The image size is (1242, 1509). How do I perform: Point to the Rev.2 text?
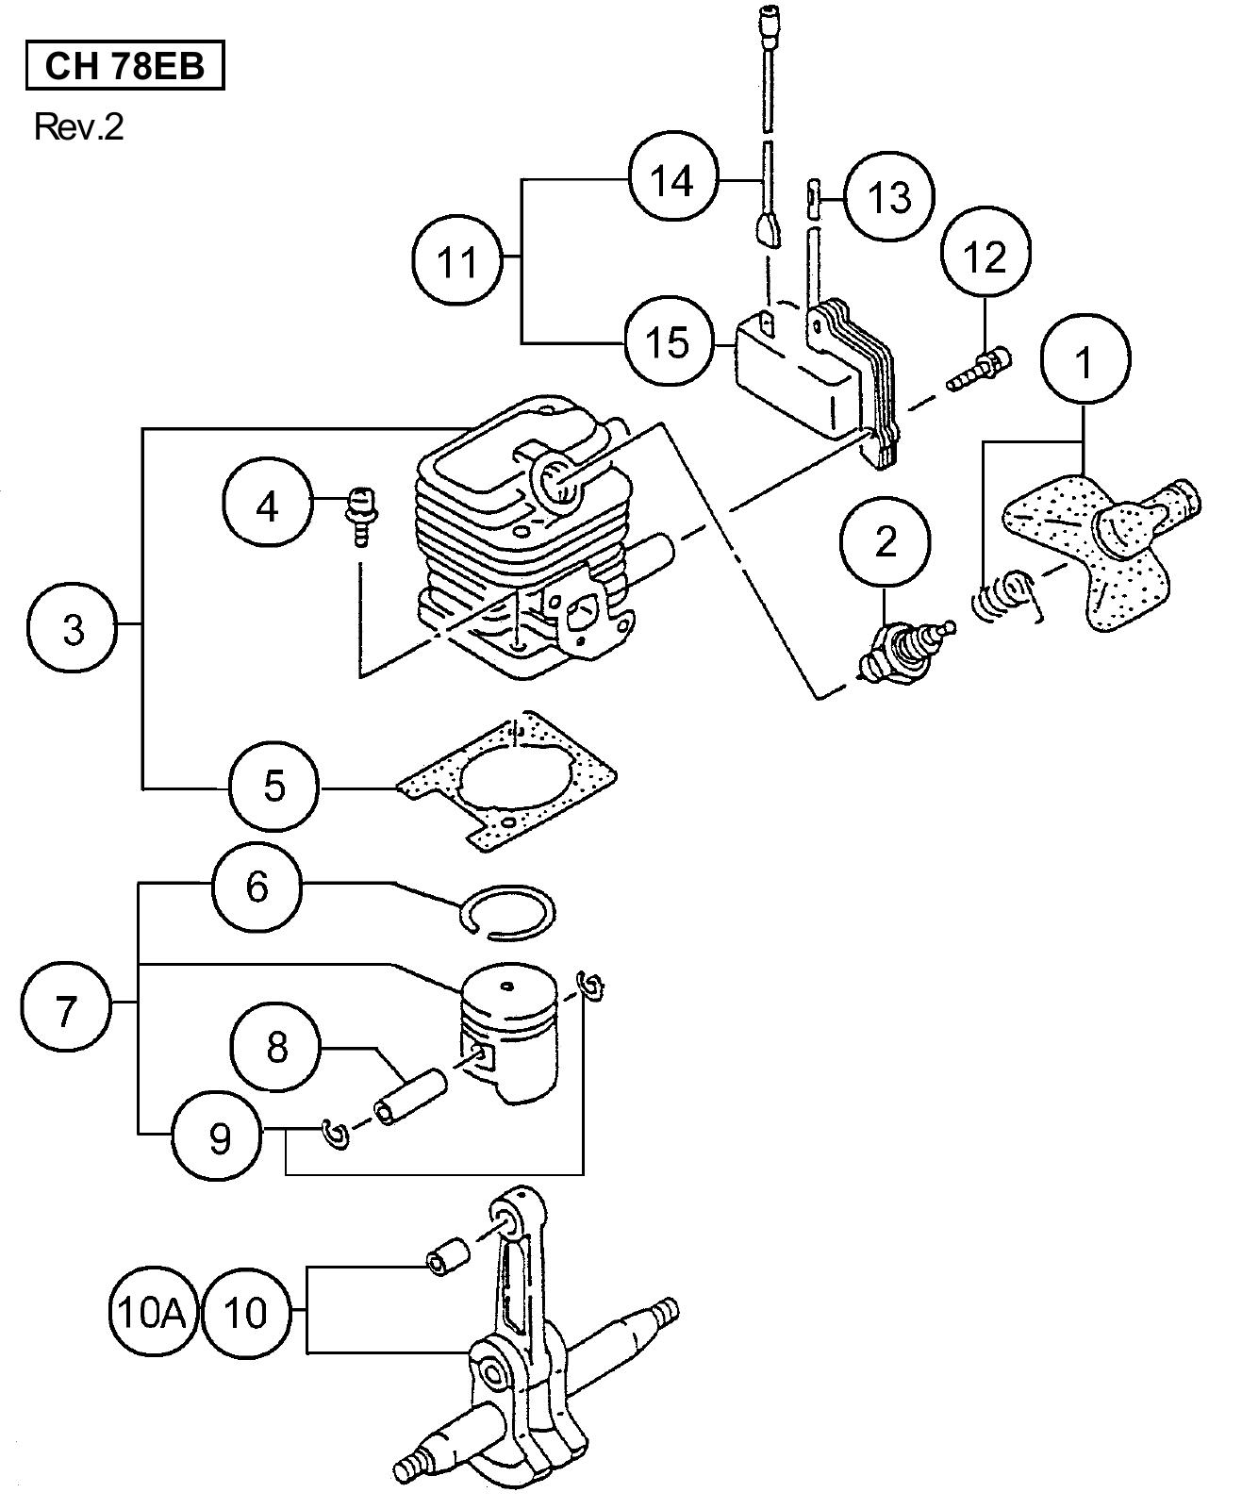point(78,126)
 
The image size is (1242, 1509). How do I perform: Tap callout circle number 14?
point(672,179)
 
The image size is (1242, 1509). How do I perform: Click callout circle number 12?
point(985,254)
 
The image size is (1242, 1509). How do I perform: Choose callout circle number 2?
point(886,541)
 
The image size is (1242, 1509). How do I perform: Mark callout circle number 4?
point(269,506)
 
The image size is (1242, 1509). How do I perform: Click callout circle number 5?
point(274,785)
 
